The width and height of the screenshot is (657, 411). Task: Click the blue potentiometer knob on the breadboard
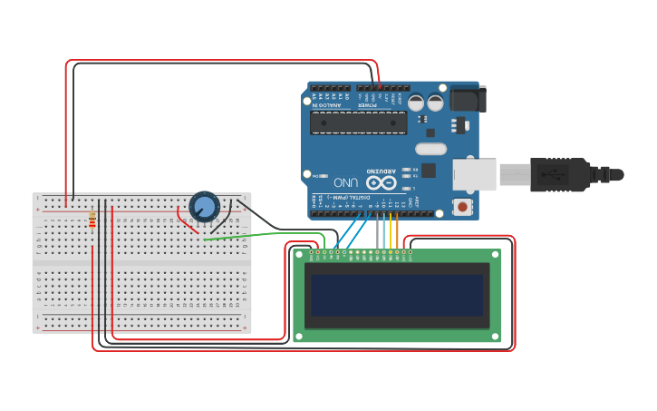pos(205,207)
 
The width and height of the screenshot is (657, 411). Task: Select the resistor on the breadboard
pos(92,220)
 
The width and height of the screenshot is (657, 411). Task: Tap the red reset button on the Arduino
pos(464,207)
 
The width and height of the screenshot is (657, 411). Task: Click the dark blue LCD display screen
pos(397,295)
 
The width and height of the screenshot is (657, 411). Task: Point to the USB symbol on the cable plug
pos(551,172)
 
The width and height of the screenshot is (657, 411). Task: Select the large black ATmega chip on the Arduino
pos(358,122)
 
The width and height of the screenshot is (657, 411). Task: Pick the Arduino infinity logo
pos(382,182)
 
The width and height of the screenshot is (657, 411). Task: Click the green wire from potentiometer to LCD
pos(263,235)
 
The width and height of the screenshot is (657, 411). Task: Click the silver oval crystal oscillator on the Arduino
pos(431,149)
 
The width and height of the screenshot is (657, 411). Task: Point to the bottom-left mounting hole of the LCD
pos(298,337)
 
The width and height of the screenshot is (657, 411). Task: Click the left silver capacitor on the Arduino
pos(416,103)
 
